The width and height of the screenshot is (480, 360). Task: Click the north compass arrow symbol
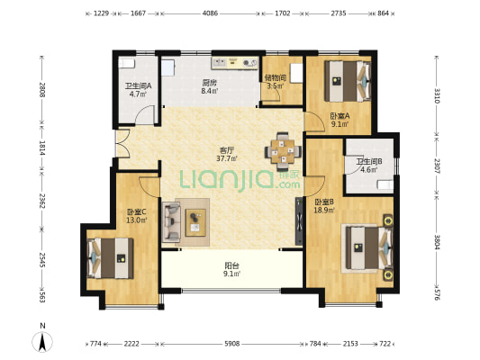point(42,342)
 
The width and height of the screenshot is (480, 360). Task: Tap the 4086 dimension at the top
point(210,13)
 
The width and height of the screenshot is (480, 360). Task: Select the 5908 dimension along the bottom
point(232,344)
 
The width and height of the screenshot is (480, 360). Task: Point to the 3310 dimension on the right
point(437,95)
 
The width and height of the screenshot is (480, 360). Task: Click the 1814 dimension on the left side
point(42,148)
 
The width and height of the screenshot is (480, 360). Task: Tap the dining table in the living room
point(283,151)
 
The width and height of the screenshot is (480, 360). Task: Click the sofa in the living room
point(171,220)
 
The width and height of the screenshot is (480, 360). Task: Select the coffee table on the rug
point(195,222)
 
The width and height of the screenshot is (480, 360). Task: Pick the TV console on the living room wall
point(299,220)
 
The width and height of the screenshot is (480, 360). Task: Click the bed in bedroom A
point(348,81)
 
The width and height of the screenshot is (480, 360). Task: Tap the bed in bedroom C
point(111,258)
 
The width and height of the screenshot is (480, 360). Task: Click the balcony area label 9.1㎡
point(231,274)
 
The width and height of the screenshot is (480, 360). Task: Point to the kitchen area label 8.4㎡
point(210,91)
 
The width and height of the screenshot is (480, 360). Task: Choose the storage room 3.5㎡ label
point(276,85)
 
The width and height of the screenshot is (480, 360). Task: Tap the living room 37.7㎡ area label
point(227,158)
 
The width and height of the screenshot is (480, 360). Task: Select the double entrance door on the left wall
point(122,143)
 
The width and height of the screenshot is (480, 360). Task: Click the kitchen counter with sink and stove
point(235,63)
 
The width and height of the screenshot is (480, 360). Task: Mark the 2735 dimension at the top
point(339,13)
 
